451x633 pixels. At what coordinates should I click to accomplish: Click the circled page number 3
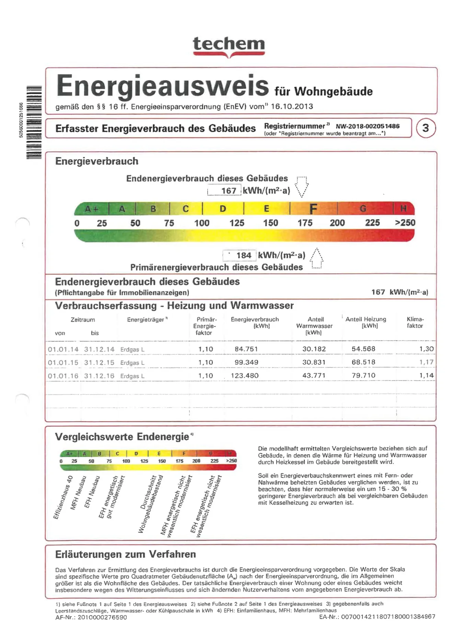coord(426,128)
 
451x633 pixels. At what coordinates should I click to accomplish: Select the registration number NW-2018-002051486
coord(368,126)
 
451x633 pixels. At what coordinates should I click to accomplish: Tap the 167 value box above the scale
coord(224,190)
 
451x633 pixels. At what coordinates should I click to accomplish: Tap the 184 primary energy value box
coord(240,255)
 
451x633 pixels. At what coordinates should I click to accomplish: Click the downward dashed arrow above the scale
coord(301,187)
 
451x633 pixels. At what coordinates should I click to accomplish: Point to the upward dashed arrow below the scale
coord(316,259)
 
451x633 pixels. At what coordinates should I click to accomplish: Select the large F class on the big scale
coord(313,208)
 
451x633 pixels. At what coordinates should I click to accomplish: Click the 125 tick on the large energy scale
coord(237,223)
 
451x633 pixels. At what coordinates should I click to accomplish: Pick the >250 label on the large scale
coord(405,223)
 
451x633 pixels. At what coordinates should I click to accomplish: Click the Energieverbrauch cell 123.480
coord(244,375)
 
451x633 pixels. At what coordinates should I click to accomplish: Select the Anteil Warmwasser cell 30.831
coord(314,362)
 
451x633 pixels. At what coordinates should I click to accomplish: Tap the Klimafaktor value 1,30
coord(426,349)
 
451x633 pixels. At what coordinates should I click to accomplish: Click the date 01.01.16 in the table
coord(63,376)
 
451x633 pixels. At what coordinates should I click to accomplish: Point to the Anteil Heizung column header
coord(366,322)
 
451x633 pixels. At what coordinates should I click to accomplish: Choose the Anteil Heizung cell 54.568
coord(363,349)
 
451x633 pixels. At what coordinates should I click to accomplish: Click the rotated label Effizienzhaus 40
coord(63,498)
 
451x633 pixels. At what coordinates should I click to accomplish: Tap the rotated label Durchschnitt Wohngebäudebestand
coord(150,504)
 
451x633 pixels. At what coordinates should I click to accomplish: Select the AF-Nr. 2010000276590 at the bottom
coord(91,618)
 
